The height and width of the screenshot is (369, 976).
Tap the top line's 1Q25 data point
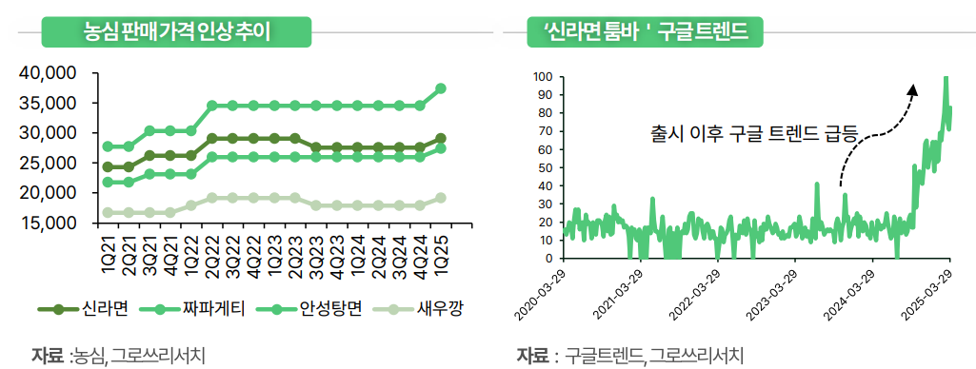[441, 88]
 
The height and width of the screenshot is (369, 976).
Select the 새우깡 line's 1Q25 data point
[441, 198]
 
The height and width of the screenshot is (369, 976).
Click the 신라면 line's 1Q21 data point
[109, 166]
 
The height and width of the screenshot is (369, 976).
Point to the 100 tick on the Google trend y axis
[544, 76]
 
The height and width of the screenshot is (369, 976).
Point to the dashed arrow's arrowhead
[912, 88]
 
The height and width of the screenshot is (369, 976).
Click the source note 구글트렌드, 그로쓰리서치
[652, 356]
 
